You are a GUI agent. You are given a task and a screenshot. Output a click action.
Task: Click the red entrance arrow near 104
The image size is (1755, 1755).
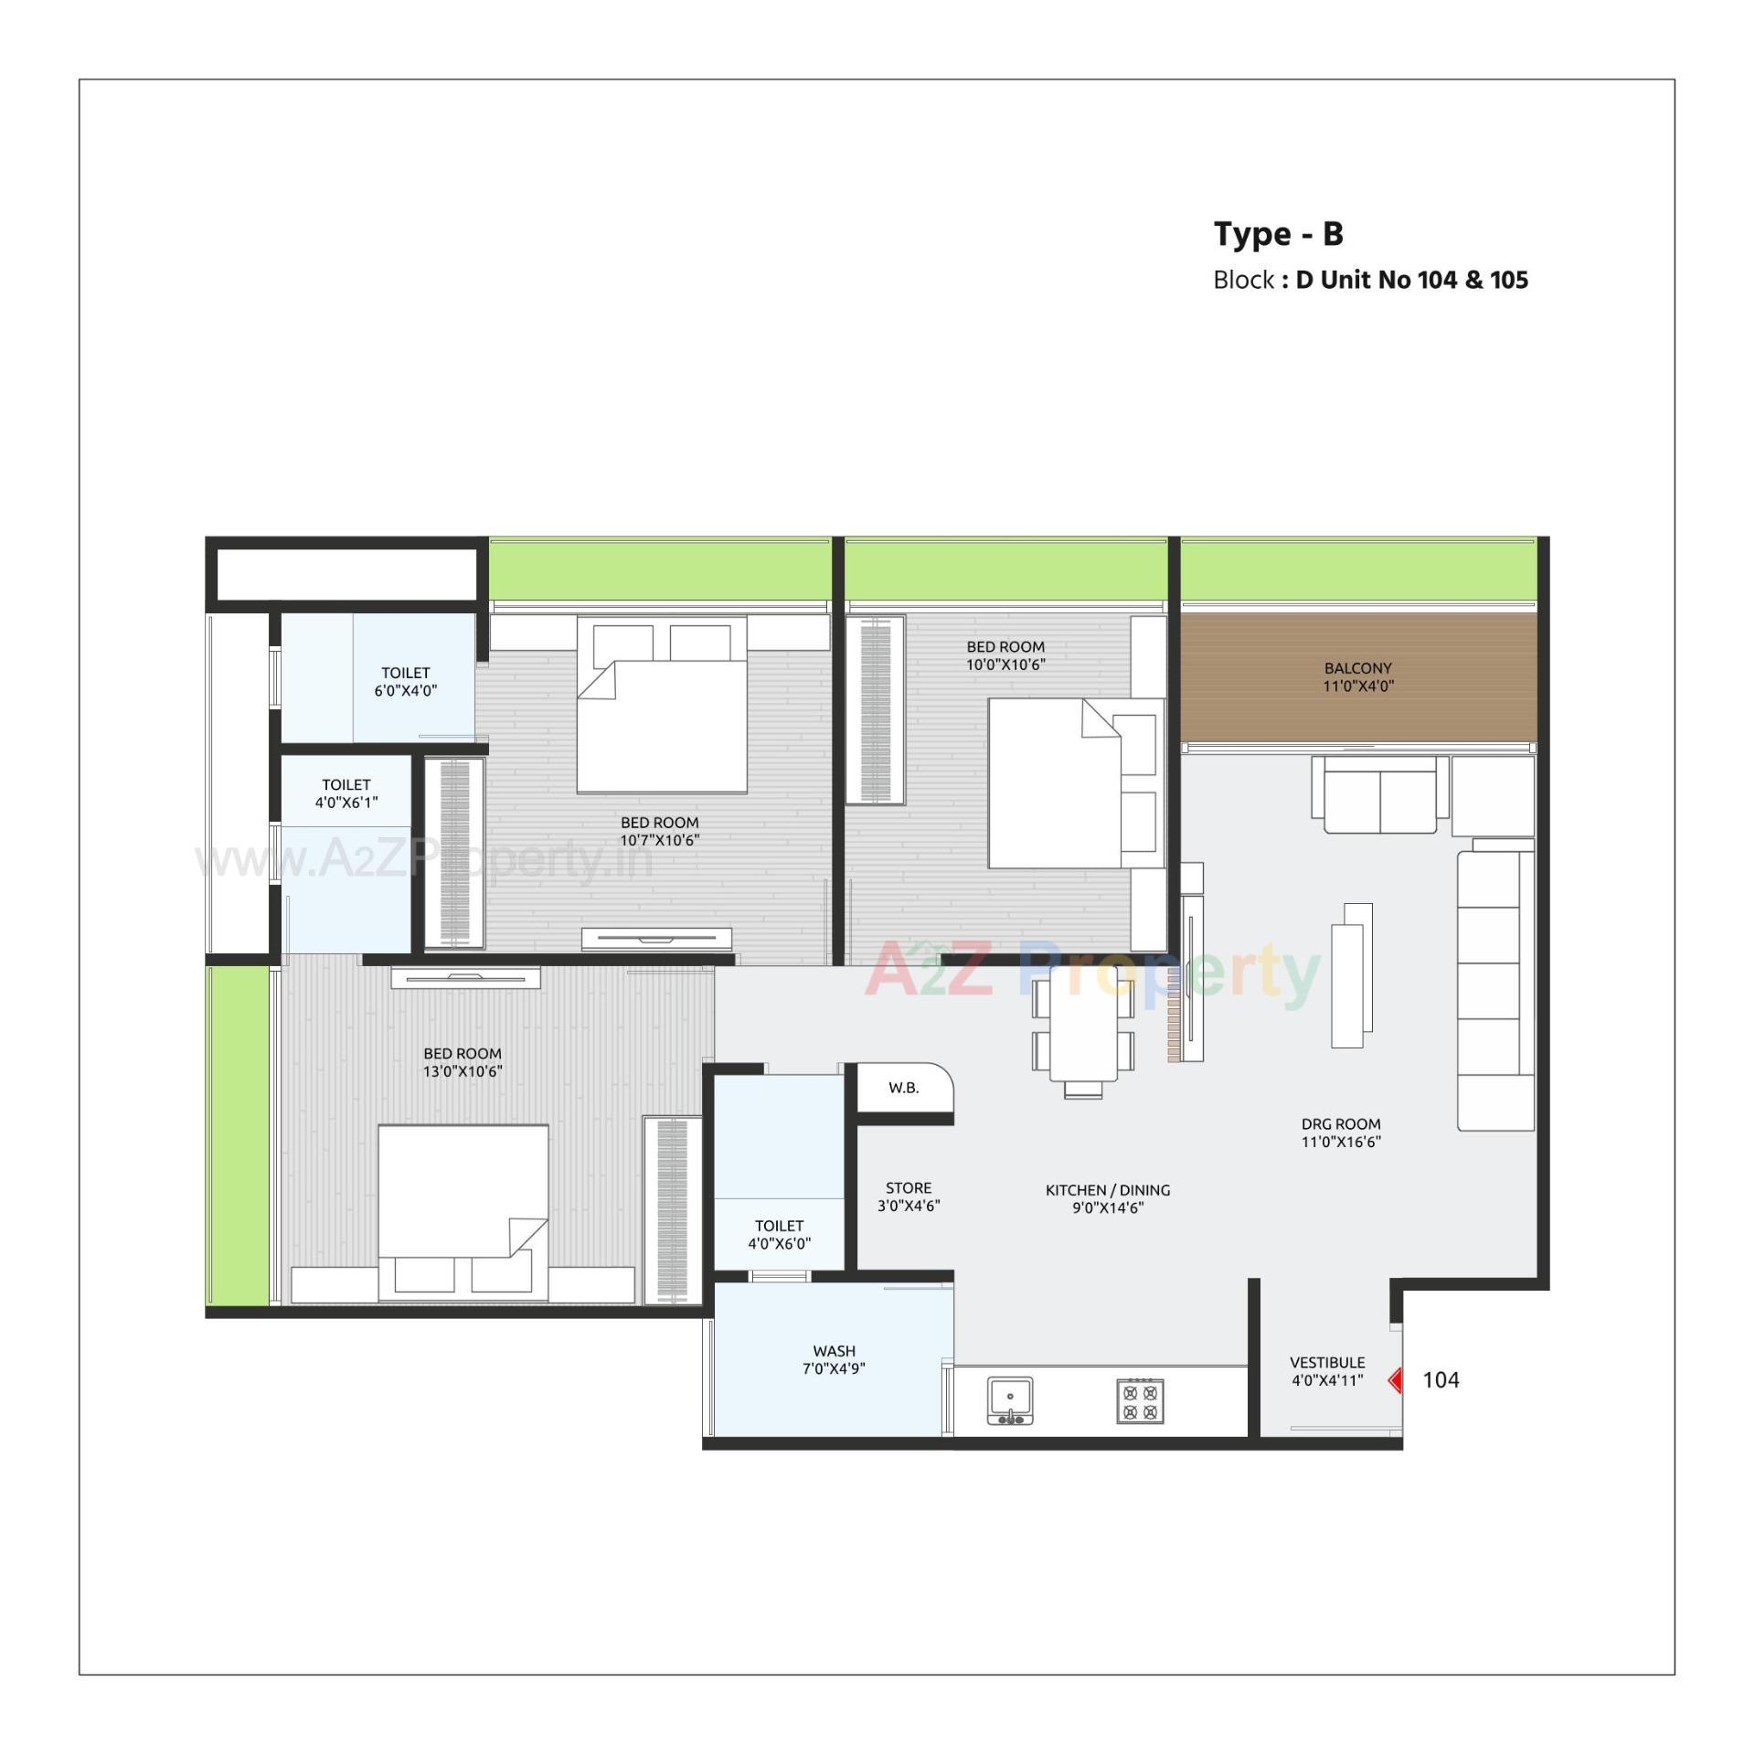click(1395, 1379)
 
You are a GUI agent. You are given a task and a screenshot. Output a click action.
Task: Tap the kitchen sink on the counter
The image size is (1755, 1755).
click(1010, 1399)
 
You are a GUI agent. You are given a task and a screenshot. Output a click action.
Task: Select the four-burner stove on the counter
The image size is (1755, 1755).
click(1140, 1401)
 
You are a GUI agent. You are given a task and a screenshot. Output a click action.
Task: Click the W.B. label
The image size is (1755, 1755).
click(903, 1088)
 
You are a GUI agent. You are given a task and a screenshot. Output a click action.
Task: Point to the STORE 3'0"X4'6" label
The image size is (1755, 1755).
click(909, 1196)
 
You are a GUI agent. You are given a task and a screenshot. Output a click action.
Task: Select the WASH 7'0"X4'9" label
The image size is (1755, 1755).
click(834, 1359)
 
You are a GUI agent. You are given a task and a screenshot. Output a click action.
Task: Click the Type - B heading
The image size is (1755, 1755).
click(1278, 234)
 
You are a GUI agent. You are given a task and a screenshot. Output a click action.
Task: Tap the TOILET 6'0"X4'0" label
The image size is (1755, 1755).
click(405, 681)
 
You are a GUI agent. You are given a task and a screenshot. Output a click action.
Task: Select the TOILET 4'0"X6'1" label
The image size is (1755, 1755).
click(346, 792)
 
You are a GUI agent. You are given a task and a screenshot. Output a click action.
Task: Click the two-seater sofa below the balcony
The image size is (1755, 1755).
click(1379, 795)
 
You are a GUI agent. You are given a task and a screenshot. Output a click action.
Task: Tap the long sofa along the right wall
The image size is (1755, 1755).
click(1494, 992)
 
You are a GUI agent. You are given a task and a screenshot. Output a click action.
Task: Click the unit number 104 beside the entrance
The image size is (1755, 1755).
click(1441, 1380)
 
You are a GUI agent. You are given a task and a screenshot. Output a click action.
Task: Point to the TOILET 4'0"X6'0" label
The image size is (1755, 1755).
click(779, 1234)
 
